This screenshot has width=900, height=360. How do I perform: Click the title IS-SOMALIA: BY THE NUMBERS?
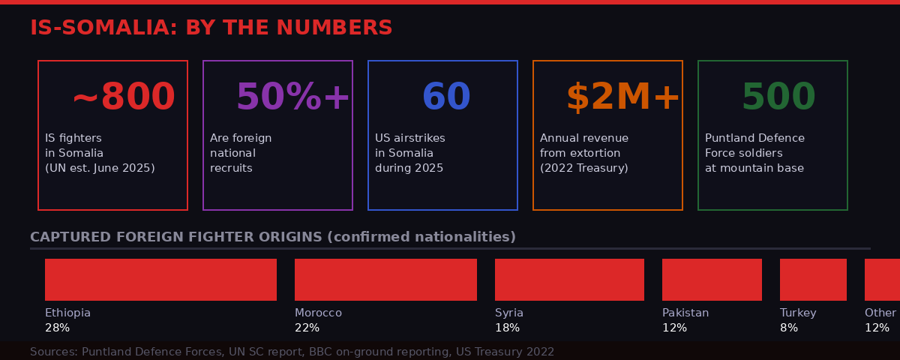tap(211, 28)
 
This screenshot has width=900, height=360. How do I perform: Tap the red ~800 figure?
tap(124, 97)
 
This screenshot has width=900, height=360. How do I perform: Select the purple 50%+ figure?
tap(293, 97)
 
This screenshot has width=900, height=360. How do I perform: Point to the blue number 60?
tap(445, 97)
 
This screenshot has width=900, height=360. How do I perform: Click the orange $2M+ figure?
tap(622, 97)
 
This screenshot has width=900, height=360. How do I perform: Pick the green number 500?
tap(778, 97)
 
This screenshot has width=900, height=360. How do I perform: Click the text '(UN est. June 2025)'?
tap(100, 168)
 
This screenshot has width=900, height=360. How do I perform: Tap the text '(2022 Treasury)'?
tap(583, 168)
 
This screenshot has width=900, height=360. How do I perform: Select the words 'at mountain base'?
tap(754, 168)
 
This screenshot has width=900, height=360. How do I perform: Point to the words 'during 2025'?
tap(409, 168)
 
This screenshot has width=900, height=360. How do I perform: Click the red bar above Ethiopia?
tap(160, 280)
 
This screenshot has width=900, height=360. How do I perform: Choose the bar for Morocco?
tap(385, 280)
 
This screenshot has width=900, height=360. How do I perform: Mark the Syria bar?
tap(569, 280)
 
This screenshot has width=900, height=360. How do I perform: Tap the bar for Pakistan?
tap(712, 280)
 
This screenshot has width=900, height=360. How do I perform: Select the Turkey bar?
tap(813, 280)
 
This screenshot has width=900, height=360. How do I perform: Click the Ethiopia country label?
tap(67, 313)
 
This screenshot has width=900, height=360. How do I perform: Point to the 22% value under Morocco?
tap(307, 328)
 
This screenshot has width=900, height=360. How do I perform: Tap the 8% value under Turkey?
tap(789, 328)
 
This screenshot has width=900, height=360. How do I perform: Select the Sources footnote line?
tap(292, 352)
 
